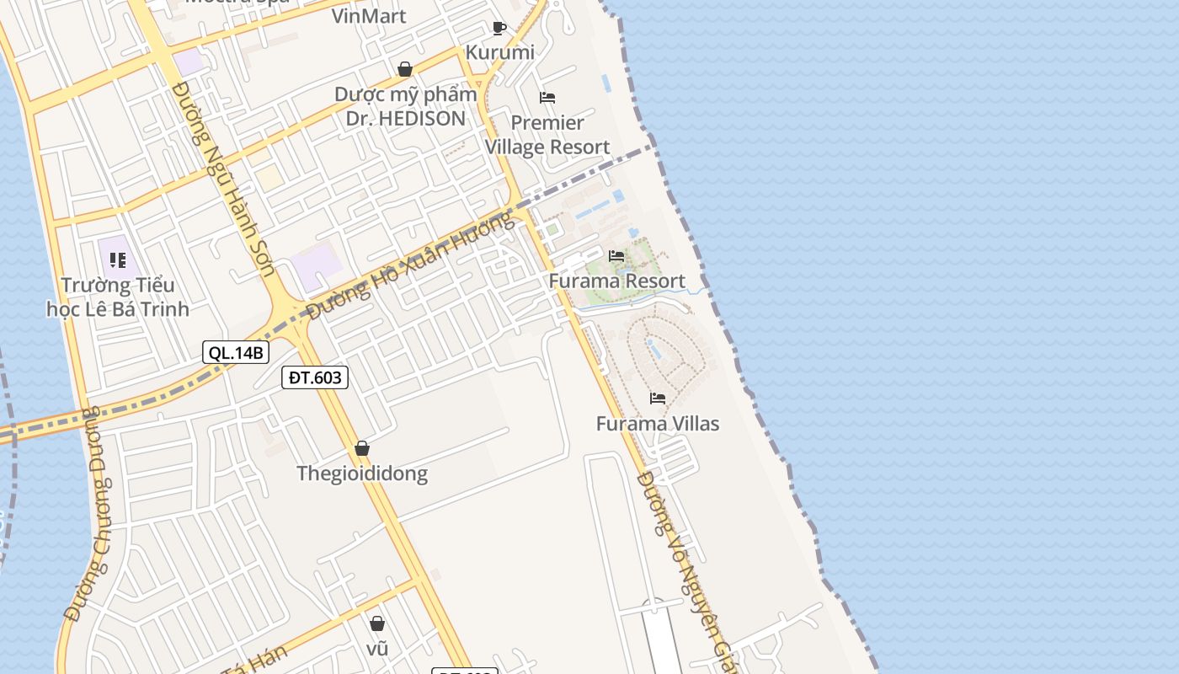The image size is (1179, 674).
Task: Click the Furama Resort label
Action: click(x=616, y=281)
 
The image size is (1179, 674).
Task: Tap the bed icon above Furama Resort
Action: click(x=616, y=256)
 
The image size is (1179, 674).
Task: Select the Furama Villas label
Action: click(x=658, y=423)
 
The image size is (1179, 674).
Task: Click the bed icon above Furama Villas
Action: click(x=658, y=398)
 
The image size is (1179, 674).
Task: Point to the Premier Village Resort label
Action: click(x=547, y=135)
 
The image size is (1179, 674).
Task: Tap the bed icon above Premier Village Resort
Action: click(x=547, y=98)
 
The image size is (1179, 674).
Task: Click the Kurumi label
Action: click(x=500, y=52)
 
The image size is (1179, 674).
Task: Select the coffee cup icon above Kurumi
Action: click(x=499, y=28)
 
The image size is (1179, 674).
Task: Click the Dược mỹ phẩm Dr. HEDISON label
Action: click(x=406, y=106)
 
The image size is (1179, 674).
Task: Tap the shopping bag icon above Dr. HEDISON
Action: click(x=405, y=69)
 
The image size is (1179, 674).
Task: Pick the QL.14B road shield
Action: click(x=235, y=352)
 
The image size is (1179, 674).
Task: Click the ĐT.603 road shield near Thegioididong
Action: click(x=315, y=377)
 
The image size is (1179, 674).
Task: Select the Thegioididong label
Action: click(x=362, y=473)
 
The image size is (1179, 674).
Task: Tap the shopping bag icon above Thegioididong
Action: click(x=362, y=448)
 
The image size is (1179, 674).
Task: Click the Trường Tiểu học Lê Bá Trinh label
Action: click(x=118, y=297)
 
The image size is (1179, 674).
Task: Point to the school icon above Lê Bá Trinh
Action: click(x=118, y=260)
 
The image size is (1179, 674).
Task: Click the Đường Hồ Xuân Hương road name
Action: click(x=409, y=266)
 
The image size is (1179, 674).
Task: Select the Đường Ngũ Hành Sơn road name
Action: click(x=223, y=179)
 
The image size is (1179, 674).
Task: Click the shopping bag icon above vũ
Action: click(x=377, y=623)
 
